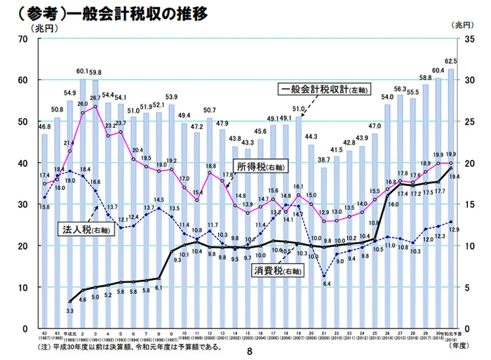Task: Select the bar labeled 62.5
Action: [x=451, y=196]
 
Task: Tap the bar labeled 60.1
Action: [x=83, y=204]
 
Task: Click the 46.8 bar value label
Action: [x=43, y=127]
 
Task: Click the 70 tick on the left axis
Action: [x=22, y=39]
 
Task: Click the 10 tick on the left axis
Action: [x=22, y=287]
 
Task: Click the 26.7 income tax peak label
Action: [x=96, y=98]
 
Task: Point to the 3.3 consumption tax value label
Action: [x=69, y=309]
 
